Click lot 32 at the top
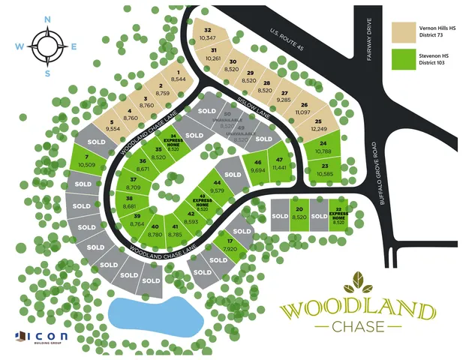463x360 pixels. pyautogui.click(x=207, y=33)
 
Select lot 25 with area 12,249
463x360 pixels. pyautogui.click(x=318, y=125)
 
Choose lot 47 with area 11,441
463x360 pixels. pyautogui.click(x=280, y=164)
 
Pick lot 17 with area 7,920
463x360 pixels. pyautogui.click(x=230, y=244)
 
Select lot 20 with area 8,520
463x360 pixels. pyautogui.click(x=299, y=214)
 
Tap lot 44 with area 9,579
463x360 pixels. pyautogui.click(x=218, y=187)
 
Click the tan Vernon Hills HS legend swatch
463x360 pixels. pyautogui.click(x=404, y=31)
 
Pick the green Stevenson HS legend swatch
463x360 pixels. pyautogui.click(x=404, y=59)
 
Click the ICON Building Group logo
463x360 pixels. pyautogui.click(x=41, y=337)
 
